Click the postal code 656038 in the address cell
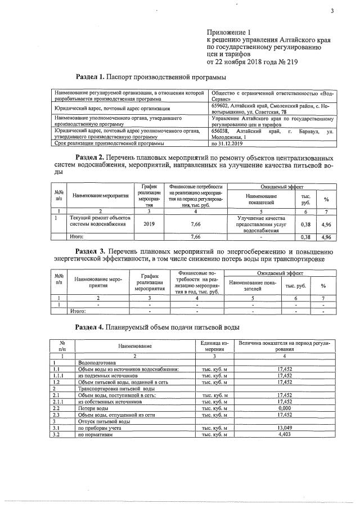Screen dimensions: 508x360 pos(220,131)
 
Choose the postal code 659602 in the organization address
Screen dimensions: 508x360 pos(220,104)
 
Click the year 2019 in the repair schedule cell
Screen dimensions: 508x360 pos(148,224)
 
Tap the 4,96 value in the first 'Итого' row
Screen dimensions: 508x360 pos(325,238)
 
